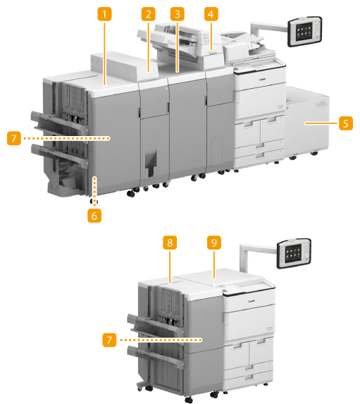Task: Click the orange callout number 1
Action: click(104, 14)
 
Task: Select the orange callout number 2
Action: click(149, 14)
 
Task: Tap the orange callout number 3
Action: click(177, 14)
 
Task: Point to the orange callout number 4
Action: click(211, 14)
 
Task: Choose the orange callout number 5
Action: click(346, 123)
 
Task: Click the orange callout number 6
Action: click(94, 216)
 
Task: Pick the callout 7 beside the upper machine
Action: click(14, 138)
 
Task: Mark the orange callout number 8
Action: click(170, 243)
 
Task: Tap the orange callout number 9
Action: click(214, 243)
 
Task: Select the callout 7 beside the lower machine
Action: click(109, 340)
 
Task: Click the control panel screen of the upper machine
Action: click(304, 31)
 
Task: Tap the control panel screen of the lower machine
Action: click(293, 252)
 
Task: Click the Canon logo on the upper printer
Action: click(263, 80)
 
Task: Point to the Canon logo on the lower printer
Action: click(252, 301)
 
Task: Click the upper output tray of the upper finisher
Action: click(58, 121)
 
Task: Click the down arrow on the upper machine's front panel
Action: click(151, 163)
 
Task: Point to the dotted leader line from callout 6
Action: click(95, 191)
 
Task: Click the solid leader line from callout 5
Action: click(321, 123)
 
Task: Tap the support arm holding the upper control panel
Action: click(268, 29)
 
